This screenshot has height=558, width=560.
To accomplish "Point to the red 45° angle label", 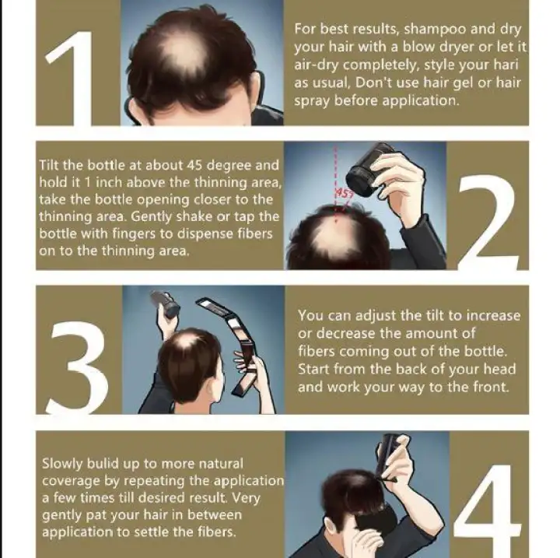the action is [344, 194].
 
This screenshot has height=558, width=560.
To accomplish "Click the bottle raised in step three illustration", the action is [166, 304].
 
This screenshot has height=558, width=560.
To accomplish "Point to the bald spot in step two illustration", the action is [334, 236].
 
